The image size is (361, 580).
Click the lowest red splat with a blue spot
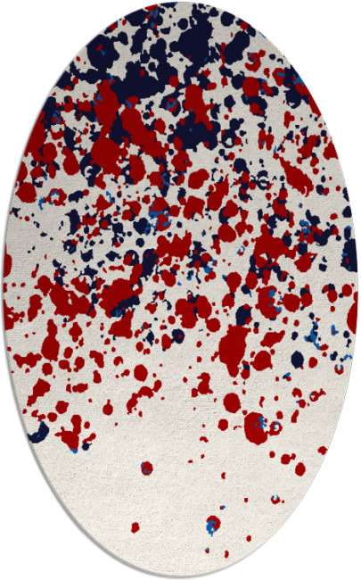click(x=212, y=524)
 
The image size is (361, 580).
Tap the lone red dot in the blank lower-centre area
click(x=145, y=468)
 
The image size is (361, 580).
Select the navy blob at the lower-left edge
click(x=38, y=435)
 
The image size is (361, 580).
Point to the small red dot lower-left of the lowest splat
click(x=135, y=527)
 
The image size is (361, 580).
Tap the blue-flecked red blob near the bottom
click(x=256, y=426)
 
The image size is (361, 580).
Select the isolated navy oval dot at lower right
click(x=297, y=360)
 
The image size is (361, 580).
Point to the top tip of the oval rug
click(x=181, y=3)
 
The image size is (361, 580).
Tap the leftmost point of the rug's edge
click(x=3, y=290)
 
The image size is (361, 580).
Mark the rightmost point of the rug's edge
click(x=358, y=290)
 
